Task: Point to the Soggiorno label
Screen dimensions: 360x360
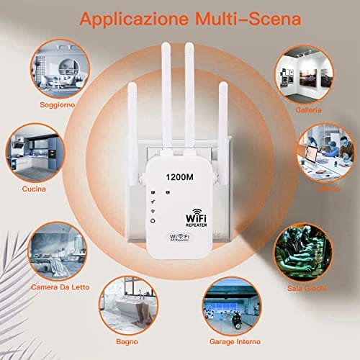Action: [x=38, y=104]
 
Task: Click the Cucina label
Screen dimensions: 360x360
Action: [x=34, y=189]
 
